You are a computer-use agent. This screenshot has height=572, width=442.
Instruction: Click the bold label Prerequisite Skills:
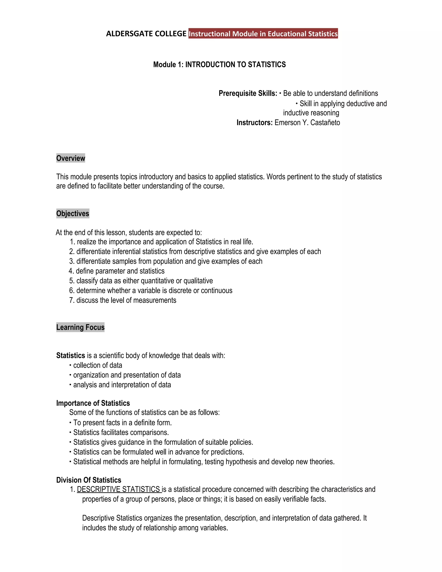(248, 93)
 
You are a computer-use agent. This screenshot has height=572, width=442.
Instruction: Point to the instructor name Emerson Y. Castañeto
(307, 123)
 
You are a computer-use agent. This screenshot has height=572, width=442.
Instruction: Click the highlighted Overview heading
(71, 158)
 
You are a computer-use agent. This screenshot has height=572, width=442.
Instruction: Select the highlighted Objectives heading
(73, 213)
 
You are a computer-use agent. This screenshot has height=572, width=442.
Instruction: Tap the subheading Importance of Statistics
(93, 403)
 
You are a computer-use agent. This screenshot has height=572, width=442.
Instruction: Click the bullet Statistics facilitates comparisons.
(121, 432)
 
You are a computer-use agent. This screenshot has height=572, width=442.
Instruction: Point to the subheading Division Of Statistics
(89, 480)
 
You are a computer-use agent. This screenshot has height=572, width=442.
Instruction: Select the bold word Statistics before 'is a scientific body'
(70, 356)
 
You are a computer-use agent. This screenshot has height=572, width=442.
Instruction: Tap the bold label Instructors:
(254, 123)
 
